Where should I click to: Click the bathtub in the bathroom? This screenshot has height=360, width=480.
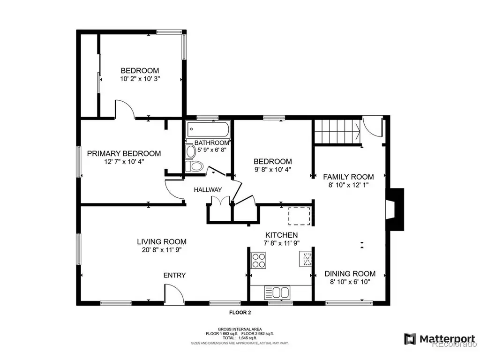(x=208, y=129)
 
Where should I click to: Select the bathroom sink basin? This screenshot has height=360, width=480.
(x=191, y=151)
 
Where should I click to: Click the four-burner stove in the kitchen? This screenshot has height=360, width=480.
(x=258, y=261)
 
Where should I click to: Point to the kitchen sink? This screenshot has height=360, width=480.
(x=277, y=292)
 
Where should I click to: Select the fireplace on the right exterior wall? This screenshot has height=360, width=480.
(x=395, y=210)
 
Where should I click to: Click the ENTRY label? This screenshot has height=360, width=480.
(x=174, y=275)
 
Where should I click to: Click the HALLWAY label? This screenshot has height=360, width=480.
(x=208, y=190)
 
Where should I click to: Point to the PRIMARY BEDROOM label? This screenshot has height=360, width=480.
(x=124, y=153)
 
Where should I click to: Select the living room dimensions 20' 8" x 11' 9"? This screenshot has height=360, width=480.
(x=162, y=250)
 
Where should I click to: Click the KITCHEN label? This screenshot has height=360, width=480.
(x=281, y=235)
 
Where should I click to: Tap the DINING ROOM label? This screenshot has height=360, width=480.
(x=350, y=274)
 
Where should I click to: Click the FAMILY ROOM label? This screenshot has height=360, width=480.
(x=348, y=177)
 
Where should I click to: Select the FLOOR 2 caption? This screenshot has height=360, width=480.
(x=240, y=313)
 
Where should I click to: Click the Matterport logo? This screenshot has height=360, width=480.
(x=440, y=339)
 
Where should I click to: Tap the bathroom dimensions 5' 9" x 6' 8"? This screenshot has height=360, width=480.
(x=212, y=150)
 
